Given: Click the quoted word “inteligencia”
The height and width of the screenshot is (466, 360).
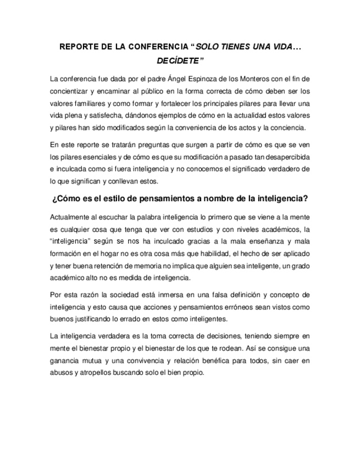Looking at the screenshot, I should (70, 241).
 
